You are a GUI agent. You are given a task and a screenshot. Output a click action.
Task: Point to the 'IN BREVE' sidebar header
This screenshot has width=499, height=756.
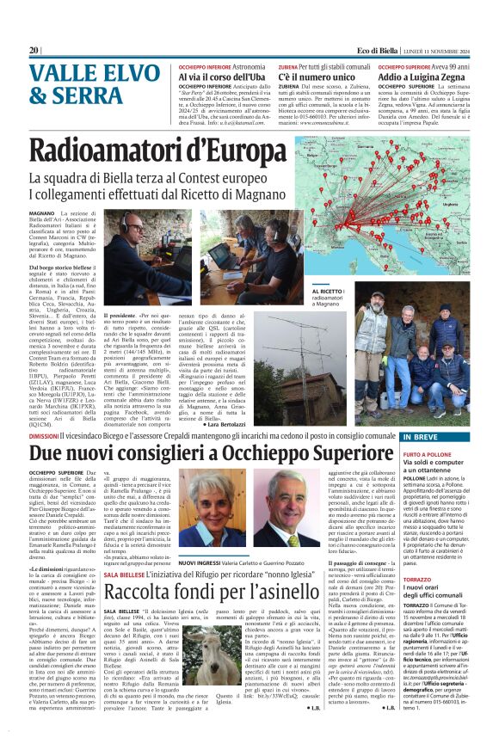pyautogui.click(x=424, y=438)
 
